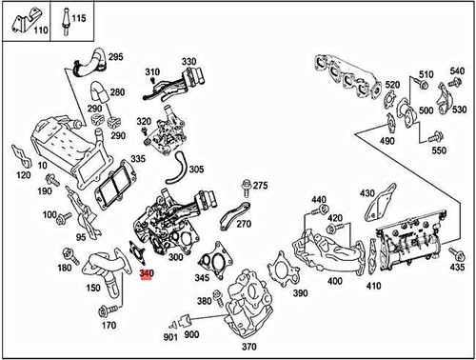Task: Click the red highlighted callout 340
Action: click(146, 274)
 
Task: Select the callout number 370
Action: click(249, 348)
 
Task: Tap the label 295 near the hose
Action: click(116, 58)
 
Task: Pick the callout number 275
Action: click(260, 185)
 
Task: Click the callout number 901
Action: click(169, 336)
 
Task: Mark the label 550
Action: click(438, 151)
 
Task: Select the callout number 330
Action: click(188, 61)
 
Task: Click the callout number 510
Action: click(426, 72)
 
